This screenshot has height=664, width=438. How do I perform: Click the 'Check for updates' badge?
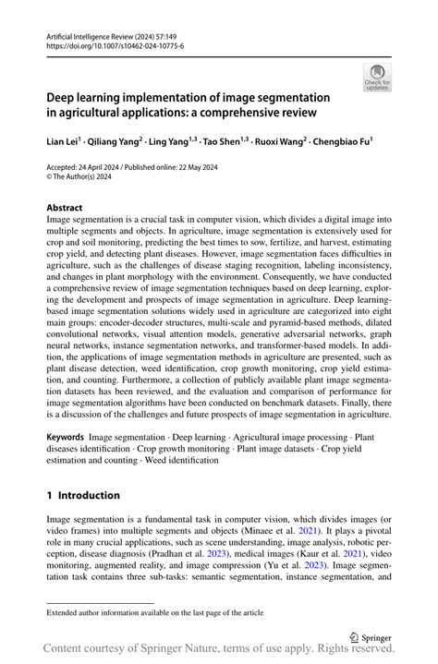(x=377, y=77)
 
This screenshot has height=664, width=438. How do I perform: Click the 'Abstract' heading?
(x=65, y=208)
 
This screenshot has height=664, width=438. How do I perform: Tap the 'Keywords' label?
(x=66, y=435)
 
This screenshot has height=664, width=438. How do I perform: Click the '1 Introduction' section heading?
(x=83, y=495)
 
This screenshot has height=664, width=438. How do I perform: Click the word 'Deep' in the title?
(x=64, y=96)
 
